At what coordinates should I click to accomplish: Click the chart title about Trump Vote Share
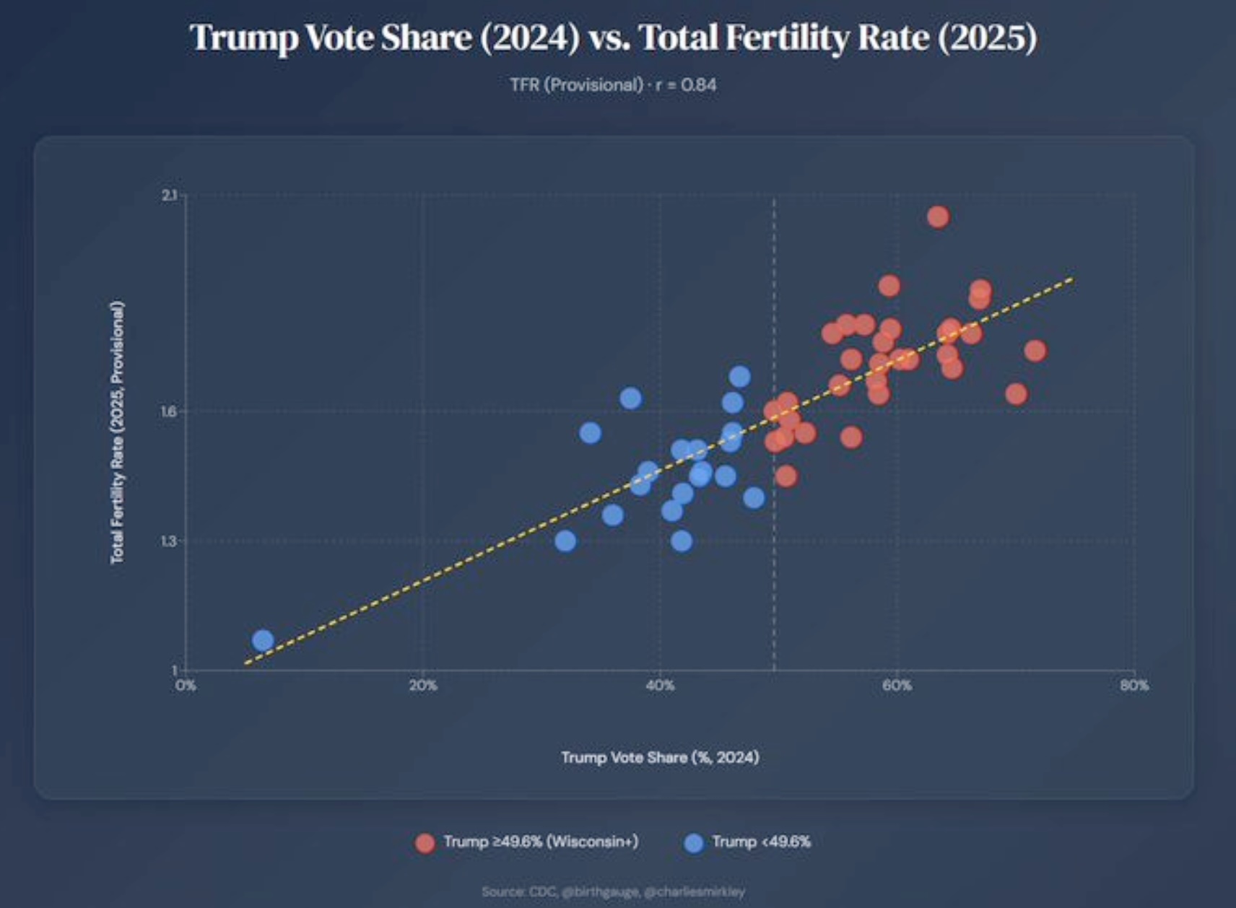613,38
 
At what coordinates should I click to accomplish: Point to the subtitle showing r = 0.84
613,85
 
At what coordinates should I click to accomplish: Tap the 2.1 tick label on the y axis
170,196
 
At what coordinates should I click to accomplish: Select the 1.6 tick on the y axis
170,411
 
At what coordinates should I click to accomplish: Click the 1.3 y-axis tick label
170,541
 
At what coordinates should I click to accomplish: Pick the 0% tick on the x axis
186,685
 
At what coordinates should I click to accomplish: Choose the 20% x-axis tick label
423,685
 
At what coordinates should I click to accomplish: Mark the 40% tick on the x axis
660,685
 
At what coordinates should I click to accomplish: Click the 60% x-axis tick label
897,685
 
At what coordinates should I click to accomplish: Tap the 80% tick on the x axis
1134,685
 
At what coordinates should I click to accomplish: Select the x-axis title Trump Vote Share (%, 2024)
660,757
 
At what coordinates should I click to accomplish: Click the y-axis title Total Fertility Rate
117,432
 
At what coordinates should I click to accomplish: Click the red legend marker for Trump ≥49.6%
425,842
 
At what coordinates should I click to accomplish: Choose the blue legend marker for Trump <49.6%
694,842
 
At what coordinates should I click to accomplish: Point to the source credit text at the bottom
613,891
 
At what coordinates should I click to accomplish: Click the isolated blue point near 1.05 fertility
263,640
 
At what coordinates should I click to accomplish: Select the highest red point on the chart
937,217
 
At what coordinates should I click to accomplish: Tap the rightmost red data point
1035,351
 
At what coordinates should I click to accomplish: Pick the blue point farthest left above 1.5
590,433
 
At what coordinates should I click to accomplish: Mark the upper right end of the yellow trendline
1072,279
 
